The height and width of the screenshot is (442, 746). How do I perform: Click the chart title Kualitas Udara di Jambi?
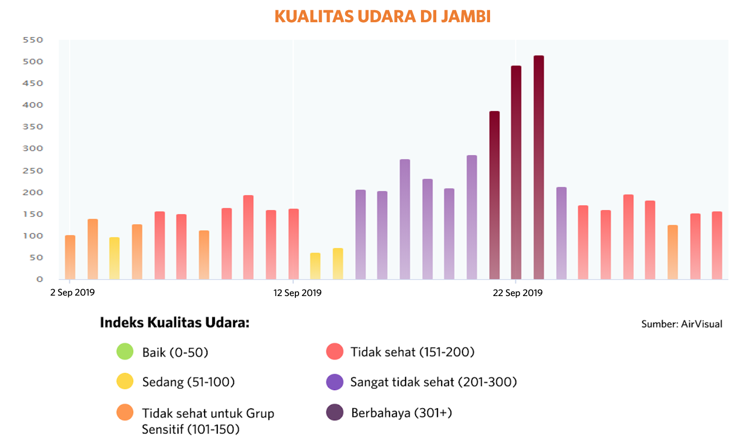coord(383,16)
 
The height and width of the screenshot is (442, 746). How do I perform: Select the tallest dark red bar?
coord(538,167)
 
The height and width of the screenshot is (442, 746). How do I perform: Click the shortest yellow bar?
coord(315,266)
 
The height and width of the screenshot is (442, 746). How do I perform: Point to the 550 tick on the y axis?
coord(33,40)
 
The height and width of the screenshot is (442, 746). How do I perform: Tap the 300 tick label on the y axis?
coord(33,148)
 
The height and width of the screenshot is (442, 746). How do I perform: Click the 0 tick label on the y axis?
coord(39,279)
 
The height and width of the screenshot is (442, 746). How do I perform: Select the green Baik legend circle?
coord(125,352)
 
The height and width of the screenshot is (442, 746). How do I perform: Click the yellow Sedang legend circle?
coord(125,381)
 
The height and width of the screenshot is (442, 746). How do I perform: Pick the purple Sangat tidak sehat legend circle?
coord(335,382)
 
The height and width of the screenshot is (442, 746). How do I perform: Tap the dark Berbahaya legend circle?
coord(335,412)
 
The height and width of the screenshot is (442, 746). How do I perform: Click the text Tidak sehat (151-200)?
coord(412,352)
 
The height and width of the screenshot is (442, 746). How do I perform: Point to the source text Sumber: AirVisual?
coord(682,324)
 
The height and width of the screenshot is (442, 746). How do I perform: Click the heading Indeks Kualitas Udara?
coord(174,322)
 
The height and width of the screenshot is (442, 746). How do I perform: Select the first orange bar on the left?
coord(70,257)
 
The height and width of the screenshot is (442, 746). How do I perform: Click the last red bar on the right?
coord(717,245)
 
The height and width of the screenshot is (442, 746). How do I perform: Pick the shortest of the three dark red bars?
coord(494,195)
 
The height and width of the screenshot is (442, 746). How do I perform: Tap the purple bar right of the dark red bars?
coord(561,233)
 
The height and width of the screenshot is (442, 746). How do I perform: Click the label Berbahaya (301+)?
coord(402,412)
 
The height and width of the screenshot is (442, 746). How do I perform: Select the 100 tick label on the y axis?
coord(33,236)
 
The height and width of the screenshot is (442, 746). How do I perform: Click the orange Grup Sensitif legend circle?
coord(125,412)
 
